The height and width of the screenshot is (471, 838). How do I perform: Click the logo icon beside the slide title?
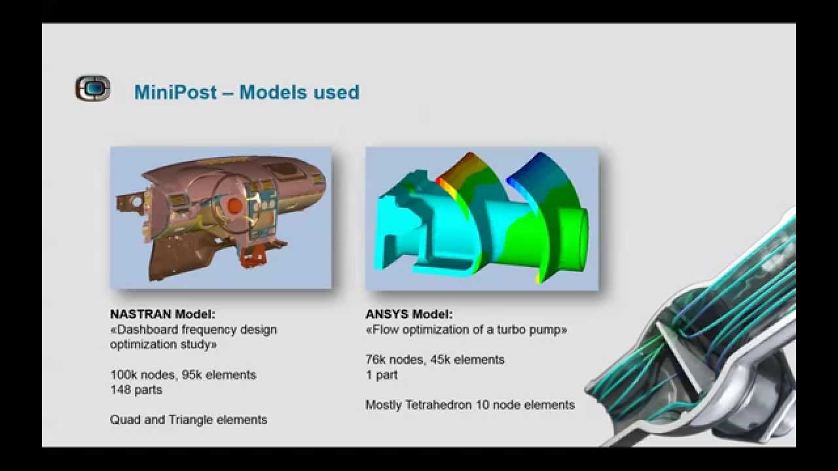92,88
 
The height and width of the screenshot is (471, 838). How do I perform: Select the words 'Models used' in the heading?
299,92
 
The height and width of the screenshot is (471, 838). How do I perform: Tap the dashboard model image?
221,217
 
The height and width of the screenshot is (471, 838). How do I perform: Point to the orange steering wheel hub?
234,206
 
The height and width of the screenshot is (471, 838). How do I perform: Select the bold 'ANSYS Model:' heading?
409,315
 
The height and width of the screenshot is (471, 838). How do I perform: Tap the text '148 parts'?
136,390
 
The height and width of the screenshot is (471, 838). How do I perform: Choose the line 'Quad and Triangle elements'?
189,420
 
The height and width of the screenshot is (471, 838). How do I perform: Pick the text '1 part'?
382,375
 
